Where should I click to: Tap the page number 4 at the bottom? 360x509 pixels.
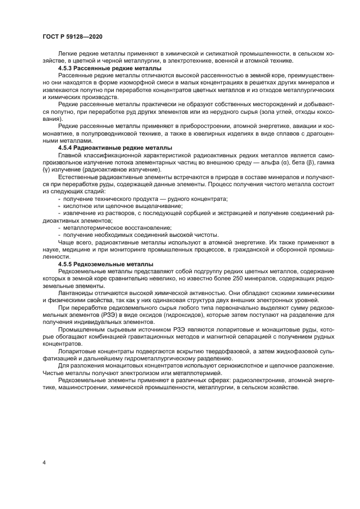tap(44, 463)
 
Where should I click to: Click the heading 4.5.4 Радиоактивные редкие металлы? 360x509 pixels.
tap(115, 148)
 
